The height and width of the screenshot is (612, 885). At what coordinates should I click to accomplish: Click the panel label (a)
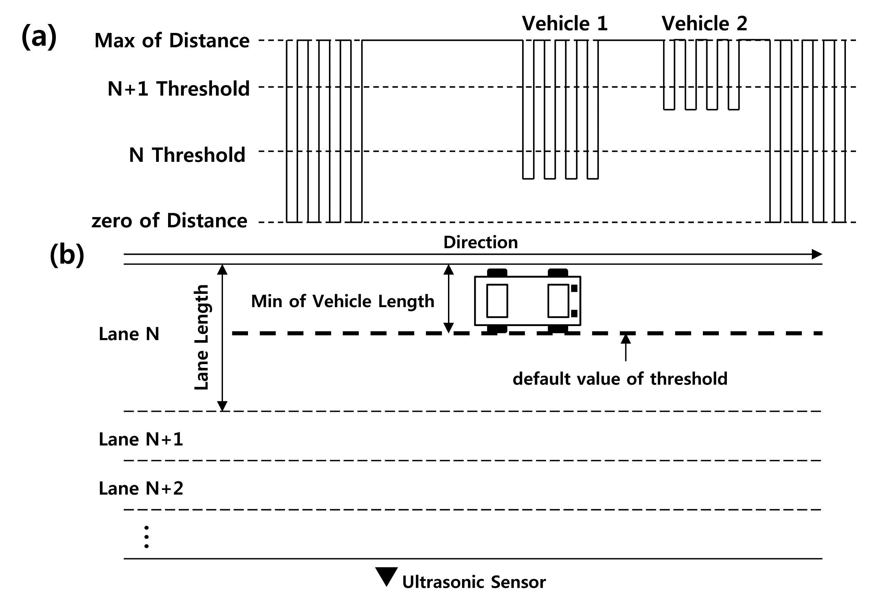[x=39, y=36]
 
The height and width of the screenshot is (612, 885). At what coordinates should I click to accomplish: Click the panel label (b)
[x=67, y=255]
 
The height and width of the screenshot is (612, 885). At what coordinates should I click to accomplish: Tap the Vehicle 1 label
[x=565, y=23]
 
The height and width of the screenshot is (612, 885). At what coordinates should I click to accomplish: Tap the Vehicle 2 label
[x=704, y=23]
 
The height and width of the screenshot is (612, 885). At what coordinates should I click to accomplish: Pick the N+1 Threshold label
[x=178, y=88]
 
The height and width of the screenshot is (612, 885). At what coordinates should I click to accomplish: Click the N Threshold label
[x=187, y=155]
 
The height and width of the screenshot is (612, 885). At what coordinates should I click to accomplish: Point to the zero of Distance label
[x=169, y=220]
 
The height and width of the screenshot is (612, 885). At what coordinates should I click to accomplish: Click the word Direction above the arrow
[x=480, y=242]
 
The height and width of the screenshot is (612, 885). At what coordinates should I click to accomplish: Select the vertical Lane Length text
[x=201, y=337]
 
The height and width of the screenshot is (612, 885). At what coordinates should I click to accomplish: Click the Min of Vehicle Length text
[x=343, y=301]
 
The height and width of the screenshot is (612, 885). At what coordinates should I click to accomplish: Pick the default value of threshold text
[x=620, y=379]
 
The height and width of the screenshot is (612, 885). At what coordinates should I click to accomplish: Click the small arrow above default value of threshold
[x=626, y=347]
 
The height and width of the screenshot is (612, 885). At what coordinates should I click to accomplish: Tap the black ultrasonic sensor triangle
[x=386, y=575]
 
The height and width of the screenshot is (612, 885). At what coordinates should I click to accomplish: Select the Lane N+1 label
[x=141, y=440]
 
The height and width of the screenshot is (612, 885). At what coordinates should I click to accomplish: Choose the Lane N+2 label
[x=141, y=489]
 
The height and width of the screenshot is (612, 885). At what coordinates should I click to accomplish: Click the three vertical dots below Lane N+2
[x=146, y=537]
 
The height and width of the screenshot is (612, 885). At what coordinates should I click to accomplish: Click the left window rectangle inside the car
[x=497, y=301]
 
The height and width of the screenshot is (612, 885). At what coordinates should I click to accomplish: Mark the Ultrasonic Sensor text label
[x=474, y=582]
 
